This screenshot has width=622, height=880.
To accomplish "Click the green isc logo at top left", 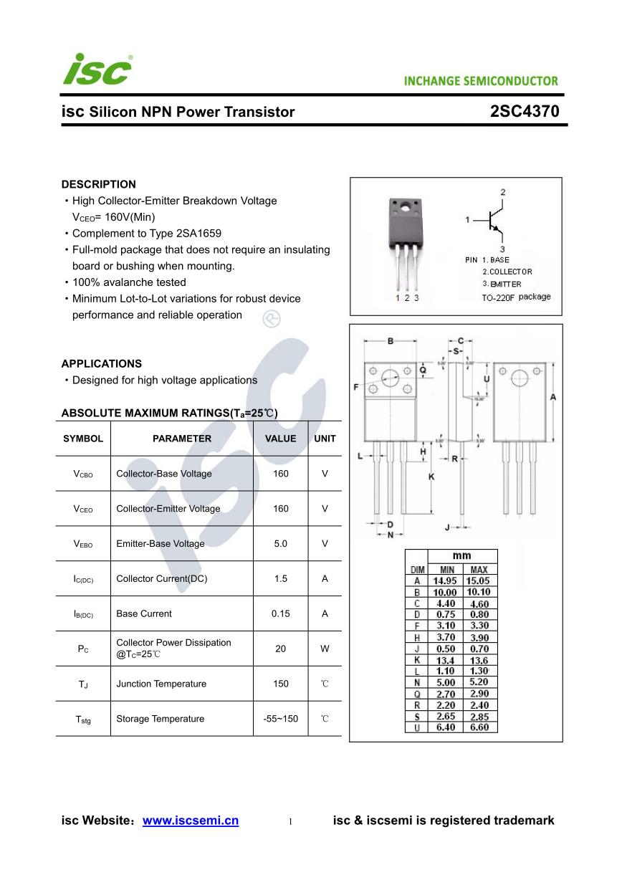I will (97, 70).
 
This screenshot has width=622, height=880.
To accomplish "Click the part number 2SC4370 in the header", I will (525, 112).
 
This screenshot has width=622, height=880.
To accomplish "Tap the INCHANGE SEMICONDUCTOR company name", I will (481, 81).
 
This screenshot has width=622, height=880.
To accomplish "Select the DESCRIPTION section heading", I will (98, 184).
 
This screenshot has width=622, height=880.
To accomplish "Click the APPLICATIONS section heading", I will (101, 363).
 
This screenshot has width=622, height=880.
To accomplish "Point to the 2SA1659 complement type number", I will (198, 234).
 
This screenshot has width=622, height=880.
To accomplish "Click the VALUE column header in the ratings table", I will (280, 439).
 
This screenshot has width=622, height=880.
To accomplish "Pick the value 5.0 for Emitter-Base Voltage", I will (280, 544).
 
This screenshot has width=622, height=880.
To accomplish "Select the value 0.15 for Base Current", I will (280, 613).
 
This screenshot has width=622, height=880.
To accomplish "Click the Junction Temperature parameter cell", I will (161, 684).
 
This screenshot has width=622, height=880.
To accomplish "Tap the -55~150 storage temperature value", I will (280, 719).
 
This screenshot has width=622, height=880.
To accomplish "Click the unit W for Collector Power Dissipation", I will (325, 649).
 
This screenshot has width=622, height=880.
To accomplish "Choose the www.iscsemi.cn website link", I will (191, 821).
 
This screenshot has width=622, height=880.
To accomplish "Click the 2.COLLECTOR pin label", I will (507, 272).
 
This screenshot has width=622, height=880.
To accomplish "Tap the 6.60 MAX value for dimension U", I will (479, 727).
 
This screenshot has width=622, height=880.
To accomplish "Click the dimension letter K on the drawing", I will (431, 477).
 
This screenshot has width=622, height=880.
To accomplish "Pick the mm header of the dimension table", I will (461, 555).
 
